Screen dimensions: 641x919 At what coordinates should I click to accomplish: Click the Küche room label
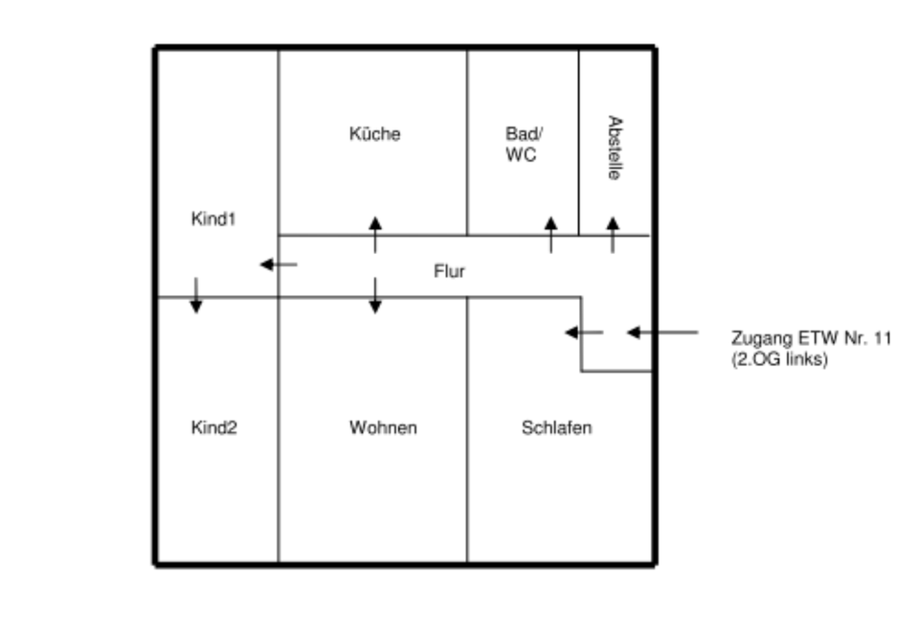click(x=374, y=134)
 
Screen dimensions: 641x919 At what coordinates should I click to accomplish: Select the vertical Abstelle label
click(x=616, y=151)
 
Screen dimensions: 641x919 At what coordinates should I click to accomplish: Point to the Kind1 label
click(x=213, y=219)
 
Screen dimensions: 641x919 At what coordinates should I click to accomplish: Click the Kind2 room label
click(x=213, y=427)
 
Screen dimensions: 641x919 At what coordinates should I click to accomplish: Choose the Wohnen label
click(x=382, y=427)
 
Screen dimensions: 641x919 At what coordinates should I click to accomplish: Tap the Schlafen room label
click(x=556, y=427)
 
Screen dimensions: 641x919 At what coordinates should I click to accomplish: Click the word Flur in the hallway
click(x=449, y=272)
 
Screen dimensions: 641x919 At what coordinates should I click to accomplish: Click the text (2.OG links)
click(x=777, y=361)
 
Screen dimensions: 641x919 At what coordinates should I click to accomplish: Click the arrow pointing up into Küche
click(x=375, y=235)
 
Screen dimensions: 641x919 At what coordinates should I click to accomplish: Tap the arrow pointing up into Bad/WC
click(x=550, y=235)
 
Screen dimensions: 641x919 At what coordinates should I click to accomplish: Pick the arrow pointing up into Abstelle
click(x=613, y=235)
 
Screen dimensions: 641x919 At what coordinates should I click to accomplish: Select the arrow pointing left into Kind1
click(x=279, y=264)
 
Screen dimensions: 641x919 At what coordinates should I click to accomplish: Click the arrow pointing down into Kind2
click(x=195, y=295)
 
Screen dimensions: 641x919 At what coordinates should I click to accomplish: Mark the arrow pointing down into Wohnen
click(x=375, y=295)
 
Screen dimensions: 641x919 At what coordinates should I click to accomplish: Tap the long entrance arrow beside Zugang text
click(x=662, y=332)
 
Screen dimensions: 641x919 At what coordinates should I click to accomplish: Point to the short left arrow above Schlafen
click(x=583, y=332)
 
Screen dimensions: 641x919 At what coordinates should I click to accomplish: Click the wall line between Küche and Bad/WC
click(x=467, y=144)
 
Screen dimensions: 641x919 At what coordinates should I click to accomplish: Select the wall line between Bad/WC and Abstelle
click(x=579, y=144)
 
